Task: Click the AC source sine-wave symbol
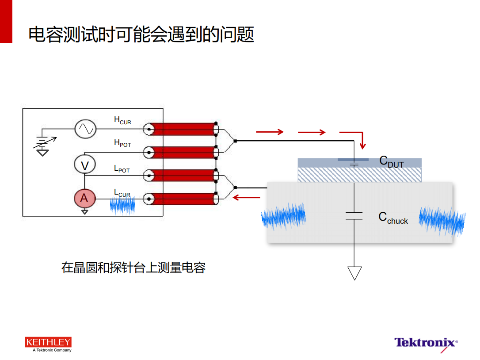point(85,129)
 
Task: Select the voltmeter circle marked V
point(85,165)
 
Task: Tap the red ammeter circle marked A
point(85,198)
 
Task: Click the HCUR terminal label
point(122,120)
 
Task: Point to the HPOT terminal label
point(122,143)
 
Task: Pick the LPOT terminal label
point(122,169)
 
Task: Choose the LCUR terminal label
point(122,193)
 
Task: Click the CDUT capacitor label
point(392,161)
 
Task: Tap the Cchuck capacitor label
point(393,218)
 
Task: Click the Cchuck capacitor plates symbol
point(354,216)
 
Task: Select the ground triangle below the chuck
point(354,273)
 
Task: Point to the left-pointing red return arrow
point(247,198)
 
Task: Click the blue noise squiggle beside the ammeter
point(122,206)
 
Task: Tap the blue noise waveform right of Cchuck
point(442,221)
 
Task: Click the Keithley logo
point(48,345)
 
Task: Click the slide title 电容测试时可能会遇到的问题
point(141,34)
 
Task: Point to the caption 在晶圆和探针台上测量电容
point(133,268)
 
